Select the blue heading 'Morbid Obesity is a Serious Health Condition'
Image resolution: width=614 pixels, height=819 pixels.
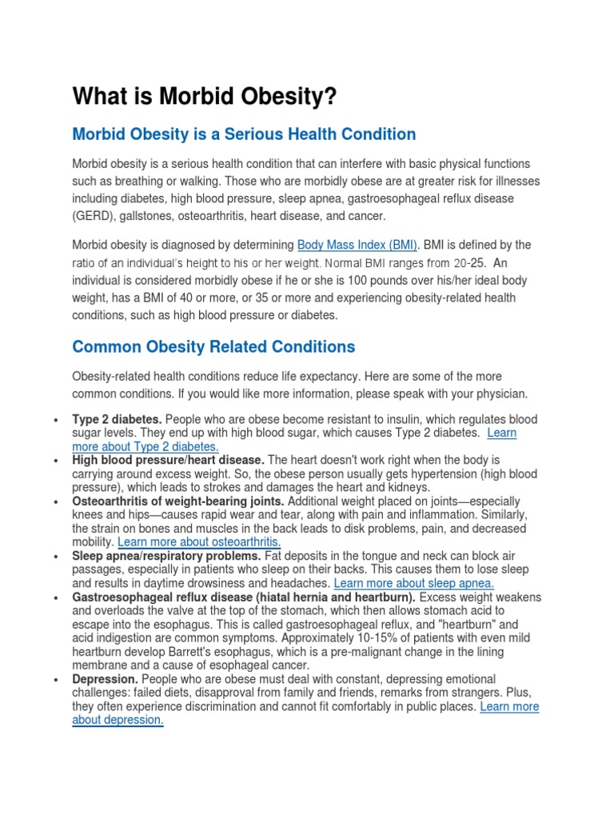[244, 134]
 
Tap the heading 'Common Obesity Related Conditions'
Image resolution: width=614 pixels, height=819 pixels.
[213, 346]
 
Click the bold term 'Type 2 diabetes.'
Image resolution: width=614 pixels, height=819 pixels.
[117, 419]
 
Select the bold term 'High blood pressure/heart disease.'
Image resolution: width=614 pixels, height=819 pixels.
[168, 460]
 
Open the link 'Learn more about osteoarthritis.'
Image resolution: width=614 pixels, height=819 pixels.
[199, 541]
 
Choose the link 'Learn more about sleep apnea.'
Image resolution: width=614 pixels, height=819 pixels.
[413, 582]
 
